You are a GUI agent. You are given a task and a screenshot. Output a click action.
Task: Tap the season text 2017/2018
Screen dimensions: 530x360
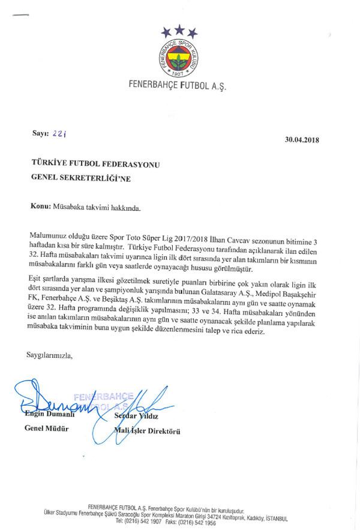pyautogui.click(x=191, y=238)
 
